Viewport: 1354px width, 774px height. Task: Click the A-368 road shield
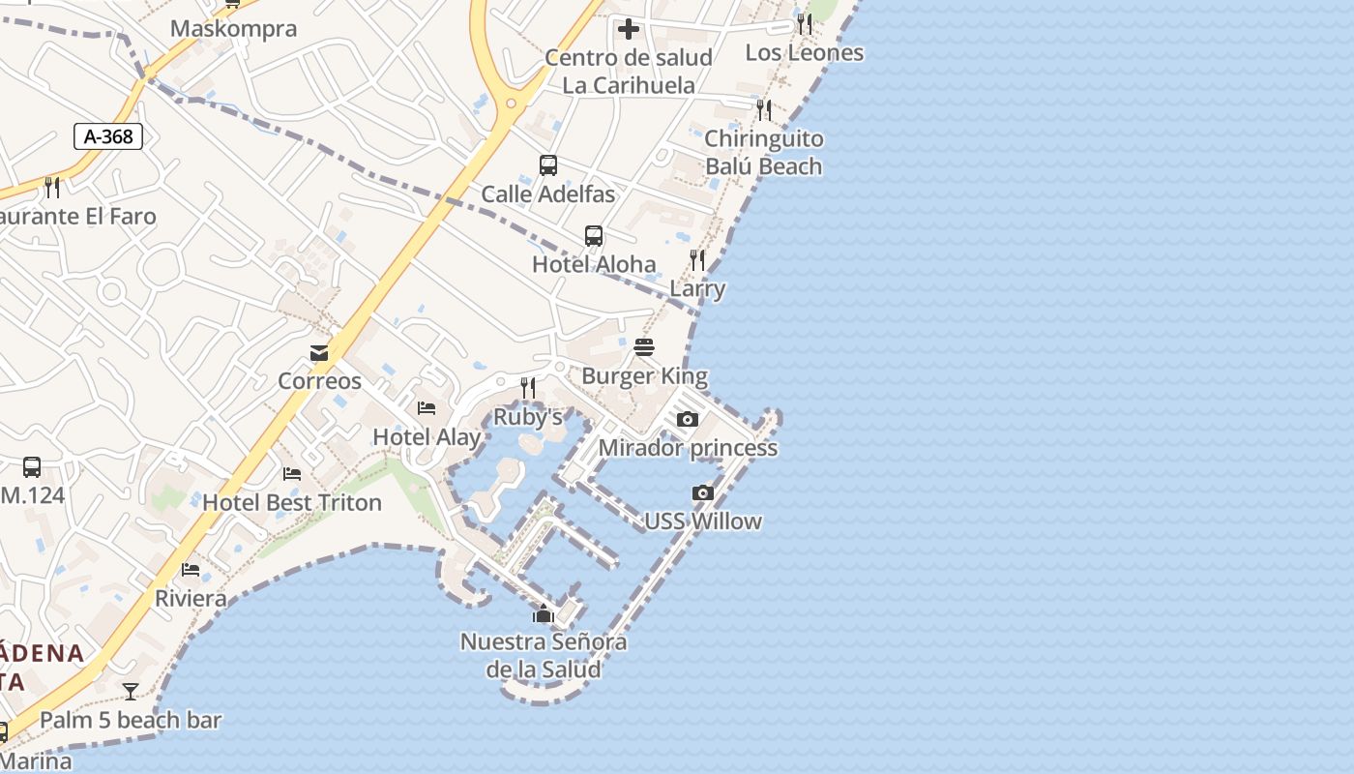pyautogui.click(x=108, y=136)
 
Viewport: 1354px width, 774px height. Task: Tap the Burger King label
pyautogui.click(x=644, y=376)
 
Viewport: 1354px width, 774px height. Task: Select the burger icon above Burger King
pyautogui.click(x=644, y=347)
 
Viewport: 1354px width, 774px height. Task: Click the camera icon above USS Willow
pyautogui.click(x=703, y=492)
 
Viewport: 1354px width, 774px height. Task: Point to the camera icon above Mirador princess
pyautogui.click(x=688, y=419)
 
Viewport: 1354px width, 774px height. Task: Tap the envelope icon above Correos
pyautogui.click(x=319, y=353)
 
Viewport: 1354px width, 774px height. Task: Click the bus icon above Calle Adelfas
pyautogui.click(x=548, y=165)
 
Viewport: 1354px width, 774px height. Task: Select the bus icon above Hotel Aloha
pyautogui.click(x=594, y=236)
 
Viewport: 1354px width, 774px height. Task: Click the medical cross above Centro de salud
pyautogui.click(x=629, y=29)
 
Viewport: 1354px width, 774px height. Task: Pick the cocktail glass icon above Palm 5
pyautogui.click(x=131, y=692)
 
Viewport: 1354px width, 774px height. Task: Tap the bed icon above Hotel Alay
pyautogui.click(x=427, y=408)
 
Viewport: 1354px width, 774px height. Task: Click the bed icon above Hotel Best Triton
pyautogui.click(x=292, y=474)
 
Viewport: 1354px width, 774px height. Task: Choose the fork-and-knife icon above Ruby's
pyautogui.click(x=528, y=388)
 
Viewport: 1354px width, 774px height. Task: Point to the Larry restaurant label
pyautogui.click(x=697, y=288)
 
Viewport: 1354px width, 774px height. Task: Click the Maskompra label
pyautogui.click(x=233, y=29)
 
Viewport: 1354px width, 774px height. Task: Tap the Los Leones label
pyautogui.click(x=805, y=52)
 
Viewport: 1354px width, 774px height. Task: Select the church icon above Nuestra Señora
pyautogui.click(x=544, y=613)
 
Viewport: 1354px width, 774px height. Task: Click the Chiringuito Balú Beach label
pyautogui.click(x=763, y=152)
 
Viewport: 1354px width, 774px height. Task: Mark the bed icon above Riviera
pyautogui.click(x=191, y=570)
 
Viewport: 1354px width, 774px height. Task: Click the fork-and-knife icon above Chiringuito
pyautogui.click(x=764, y=109)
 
